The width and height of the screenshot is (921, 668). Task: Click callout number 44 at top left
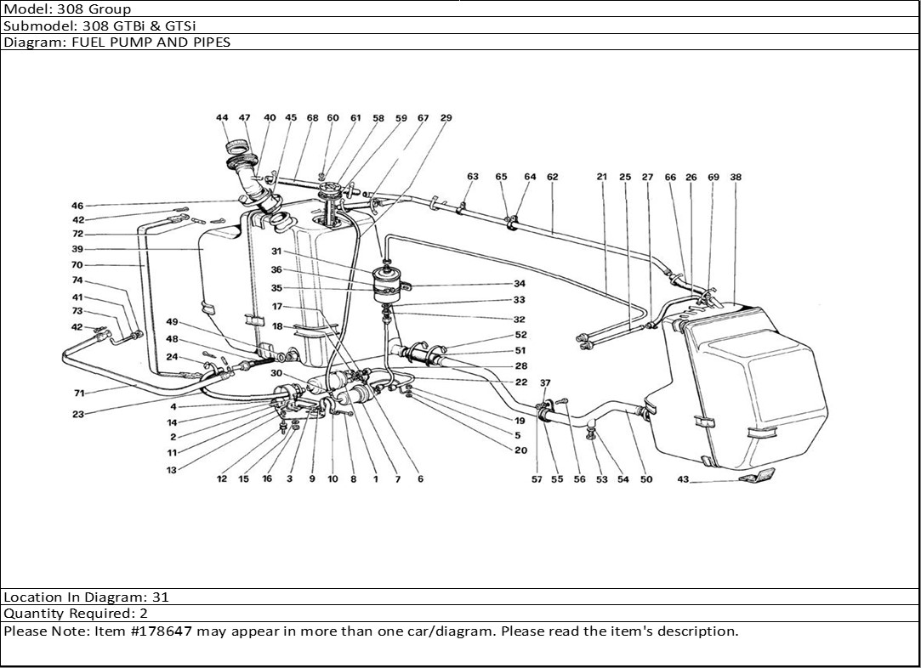pos(222,118)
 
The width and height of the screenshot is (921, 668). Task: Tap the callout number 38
pos(736,178)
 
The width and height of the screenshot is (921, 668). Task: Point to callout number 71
pos(77,393)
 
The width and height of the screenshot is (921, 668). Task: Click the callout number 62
pos(553,178)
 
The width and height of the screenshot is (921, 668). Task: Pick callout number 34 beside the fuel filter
pos(520,284)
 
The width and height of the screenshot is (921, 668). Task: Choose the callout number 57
pos(537,479)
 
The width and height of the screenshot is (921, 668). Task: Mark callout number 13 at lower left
pos(172,470)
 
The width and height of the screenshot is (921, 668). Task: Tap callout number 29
pos(446,118)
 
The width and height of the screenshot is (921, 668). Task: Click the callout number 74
pos(77,280)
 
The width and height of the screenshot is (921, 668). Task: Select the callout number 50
pos(646,479)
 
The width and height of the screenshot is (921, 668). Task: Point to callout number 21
pos(602,178)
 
